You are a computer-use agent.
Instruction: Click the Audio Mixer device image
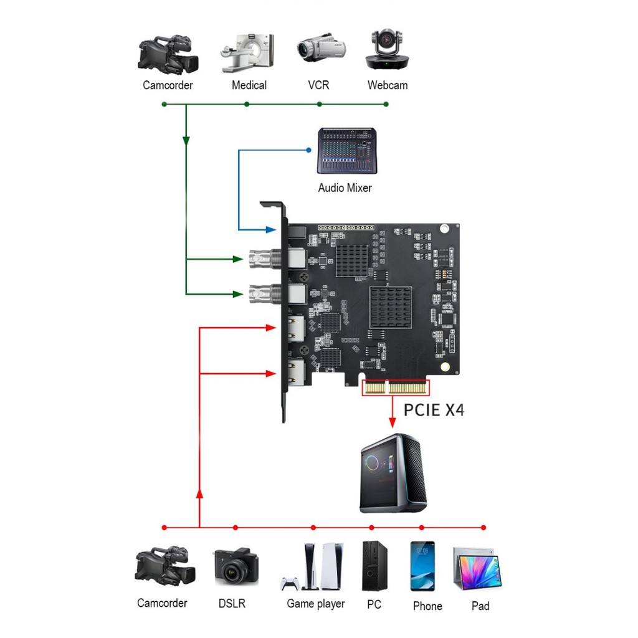348,151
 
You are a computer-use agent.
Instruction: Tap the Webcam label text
387,85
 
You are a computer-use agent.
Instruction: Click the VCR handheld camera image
321,50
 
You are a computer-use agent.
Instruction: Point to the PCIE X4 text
434,409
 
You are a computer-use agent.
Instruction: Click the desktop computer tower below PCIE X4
394,473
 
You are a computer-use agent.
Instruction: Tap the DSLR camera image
236,566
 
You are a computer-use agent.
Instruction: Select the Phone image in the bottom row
422,566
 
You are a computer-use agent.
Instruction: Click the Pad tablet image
477,569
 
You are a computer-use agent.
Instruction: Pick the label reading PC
374,604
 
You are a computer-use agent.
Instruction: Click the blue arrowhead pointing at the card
271,229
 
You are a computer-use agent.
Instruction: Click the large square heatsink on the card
391,307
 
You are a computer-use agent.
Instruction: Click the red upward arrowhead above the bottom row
199,493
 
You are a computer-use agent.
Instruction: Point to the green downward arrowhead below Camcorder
186,142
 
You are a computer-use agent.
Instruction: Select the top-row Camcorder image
168,54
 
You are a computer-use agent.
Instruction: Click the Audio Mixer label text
345,188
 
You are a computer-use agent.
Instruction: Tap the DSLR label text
232,603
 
